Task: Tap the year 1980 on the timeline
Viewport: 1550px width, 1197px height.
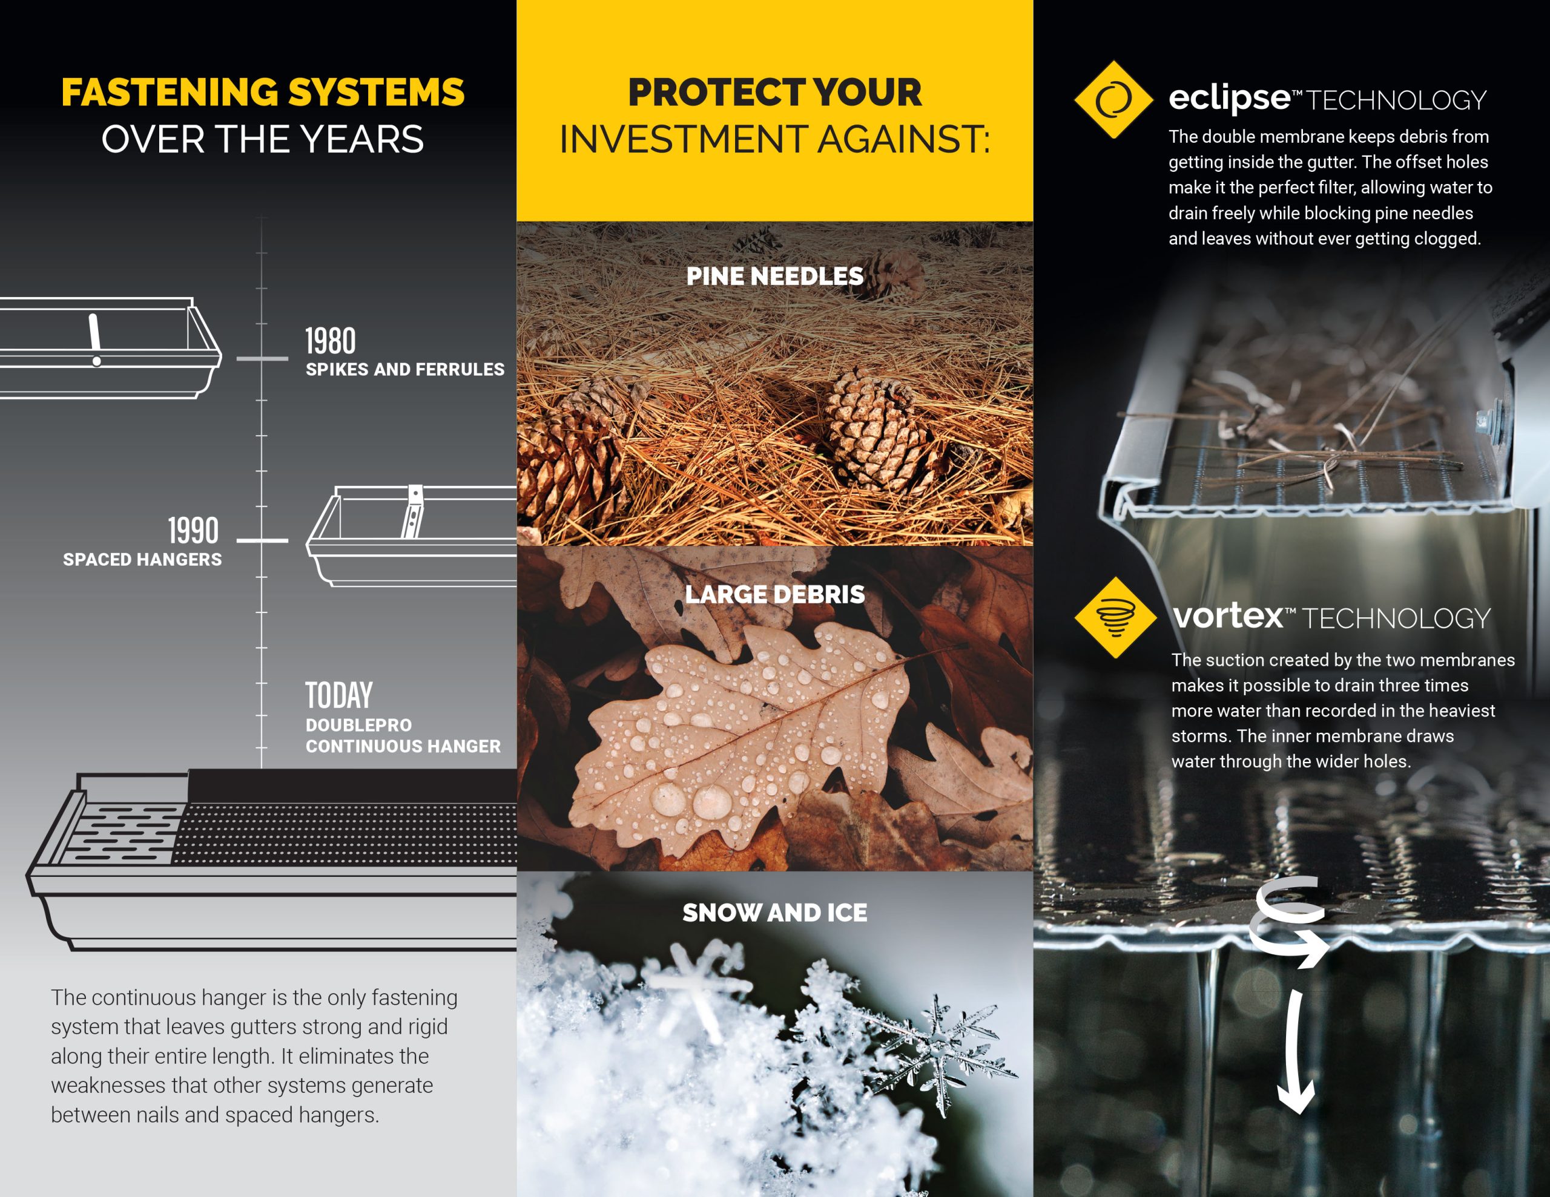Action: tap(331, 341)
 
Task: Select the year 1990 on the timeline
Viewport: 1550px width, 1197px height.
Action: tap(193, 531)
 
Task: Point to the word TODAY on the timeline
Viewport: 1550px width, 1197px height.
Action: tap(338, 695)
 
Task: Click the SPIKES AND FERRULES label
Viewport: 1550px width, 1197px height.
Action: tap(405, 370)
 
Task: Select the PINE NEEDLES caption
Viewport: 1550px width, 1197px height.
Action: tap(774, 276)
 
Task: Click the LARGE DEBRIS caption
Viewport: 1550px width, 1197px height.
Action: tap(774, 595)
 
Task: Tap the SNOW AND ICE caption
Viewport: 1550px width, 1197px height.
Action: tap(774, 913)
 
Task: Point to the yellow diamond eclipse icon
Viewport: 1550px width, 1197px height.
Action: tap(1113, 99)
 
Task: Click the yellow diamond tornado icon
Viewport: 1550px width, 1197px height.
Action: tap(1116, 617)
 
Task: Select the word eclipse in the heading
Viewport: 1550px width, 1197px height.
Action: tap(1229, 98)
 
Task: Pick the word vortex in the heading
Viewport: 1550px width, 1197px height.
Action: tap(1228, 616)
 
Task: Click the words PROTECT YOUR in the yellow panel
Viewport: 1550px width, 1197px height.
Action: tap(774, 93)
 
